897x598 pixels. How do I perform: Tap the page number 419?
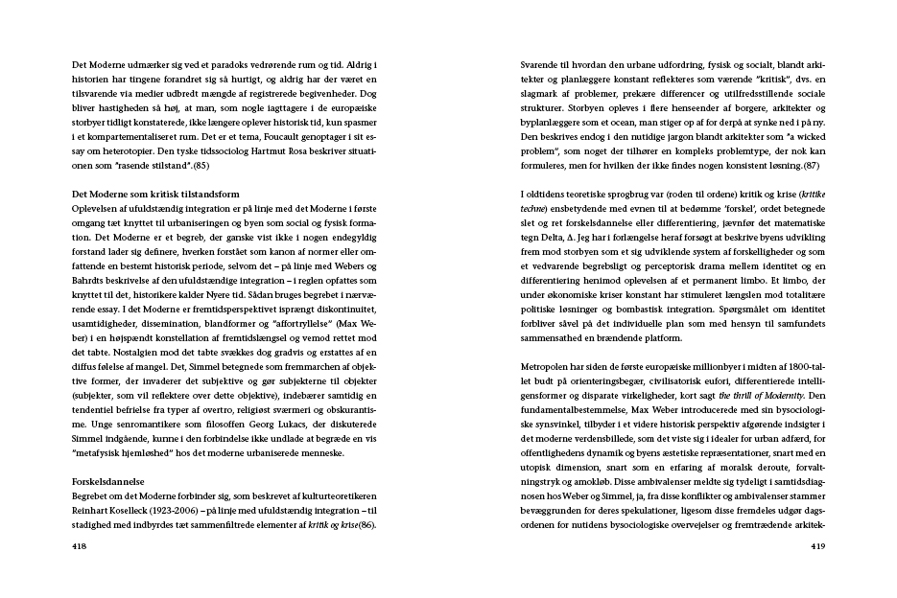pos(817,546)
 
